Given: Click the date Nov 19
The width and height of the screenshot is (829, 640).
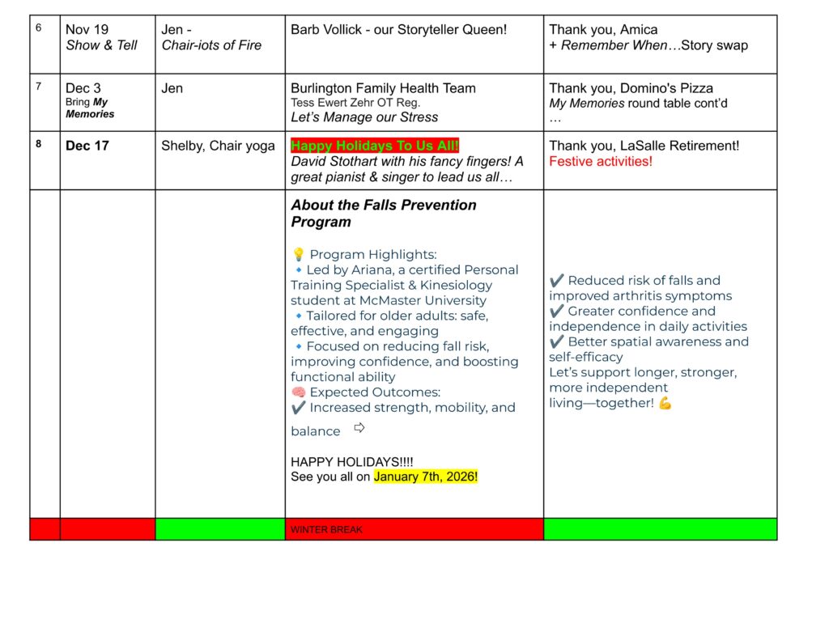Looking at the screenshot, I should click(x=87, y=30).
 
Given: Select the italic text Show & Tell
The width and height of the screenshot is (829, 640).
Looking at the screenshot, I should click(x=101, y=45).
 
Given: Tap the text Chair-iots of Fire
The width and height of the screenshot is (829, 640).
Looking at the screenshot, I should click(x=211, y=45).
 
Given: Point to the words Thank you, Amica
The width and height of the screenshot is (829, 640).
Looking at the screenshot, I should click(x=603, y=30).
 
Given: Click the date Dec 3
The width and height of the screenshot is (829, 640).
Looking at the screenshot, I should click(x=83, y=88).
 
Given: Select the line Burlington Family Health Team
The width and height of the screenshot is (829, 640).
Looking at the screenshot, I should click(x=383, y=88).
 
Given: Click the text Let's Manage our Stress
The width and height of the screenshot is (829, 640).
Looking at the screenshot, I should click(x=364, y=117).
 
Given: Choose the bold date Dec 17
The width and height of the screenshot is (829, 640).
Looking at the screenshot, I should click(x=88, y=146).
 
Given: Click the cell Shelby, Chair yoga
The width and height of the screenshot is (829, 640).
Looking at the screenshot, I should click(x=218, y=146).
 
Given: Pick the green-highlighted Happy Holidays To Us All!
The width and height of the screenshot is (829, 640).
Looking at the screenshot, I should click(x=375, y=146).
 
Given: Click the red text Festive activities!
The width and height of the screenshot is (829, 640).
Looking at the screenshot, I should click(x=600, y=162).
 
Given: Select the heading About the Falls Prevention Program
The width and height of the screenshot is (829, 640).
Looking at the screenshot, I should click(x=383, y=213).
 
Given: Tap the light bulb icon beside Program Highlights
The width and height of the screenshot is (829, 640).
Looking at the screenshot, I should click(x=297, y=255).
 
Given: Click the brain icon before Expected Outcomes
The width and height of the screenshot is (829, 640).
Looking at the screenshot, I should click(x=297, y=392).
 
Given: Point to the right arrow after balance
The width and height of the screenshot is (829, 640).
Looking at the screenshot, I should click(x=359, y=428).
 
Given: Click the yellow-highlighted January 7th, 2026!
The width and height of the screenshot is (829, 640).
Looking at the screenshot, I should click(x=426, y=477).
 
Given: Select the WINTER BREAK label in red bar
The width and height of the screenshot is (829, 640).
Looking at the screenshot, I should click(x=326, y=530).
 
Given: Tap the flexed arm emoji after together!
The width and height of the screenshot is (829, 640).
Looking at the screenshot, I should click(x=665, y=403).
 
